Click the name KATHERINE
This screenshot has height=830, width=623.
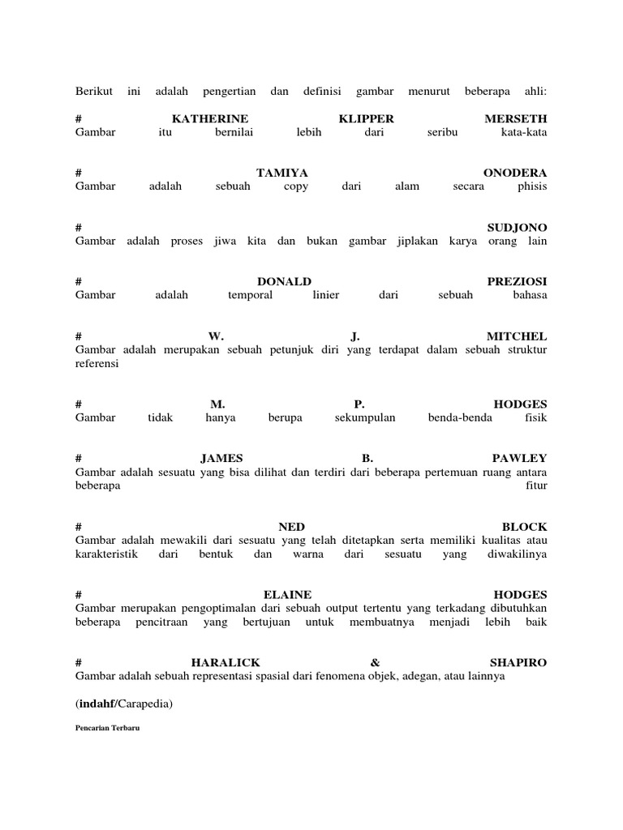point(210,118)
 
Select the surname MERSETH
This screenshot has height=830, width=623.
point(515,118)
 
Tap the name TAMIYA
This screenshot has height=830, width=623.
point(282,173)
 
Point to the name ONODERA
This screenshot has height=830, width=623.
point(515,173)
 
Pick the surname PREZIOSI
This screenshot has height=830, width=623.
point(517,281)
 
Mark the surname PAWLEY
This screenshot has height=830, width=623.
point(519,458)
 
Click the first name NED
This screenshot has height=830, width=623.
point(292,526)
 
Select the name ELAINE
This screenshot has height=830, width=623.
point(288,594)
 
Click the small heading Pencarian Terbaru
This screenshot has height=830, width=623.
point(107,729)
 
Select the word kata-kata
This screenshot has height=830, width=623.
point(524,132)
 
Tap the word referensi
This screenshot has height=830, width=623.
point(97,364)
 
